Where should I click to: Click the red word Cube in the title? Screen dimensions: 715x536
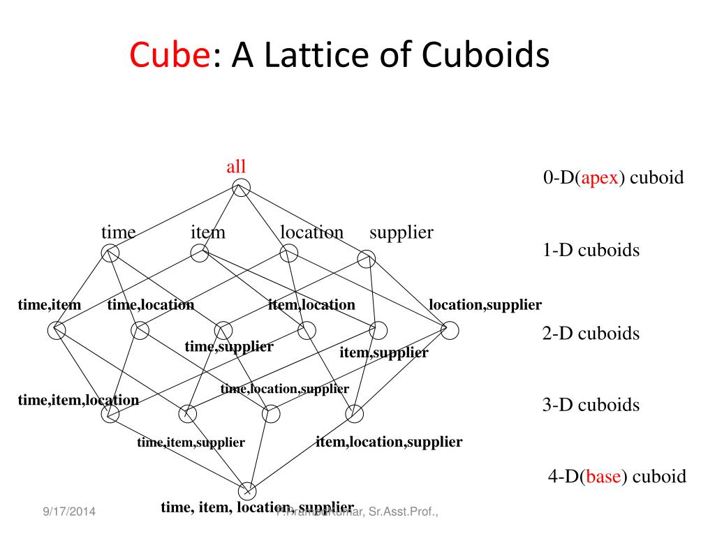170,54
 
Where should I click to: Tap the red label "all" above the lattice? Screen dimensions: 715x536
236,167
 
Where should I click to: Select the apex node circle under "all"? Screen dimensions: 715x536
241,188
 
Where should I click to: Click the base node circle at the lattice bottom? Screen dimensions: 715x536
248,490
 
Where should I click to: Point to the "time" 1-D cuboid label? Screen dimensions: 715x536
118,232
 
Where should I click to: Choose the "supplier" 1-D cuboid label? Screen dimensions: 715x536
401,232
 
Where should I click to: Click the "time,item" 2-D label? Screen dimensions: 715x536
50,304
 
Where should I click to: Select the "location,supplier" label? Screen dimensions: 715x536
485,304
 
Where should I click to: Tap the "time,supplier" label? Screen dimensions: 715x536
229,346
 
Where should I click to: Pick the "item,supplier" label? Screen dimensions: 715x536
383,352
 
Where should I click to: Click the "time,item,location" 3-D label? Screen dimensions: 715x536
78,400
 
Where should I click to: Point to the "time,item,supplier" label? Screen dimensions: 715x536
191,442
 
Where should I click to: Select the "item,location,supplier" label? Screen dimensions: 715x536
389,441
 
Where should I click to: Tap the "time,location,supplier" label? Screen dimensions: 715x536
284,389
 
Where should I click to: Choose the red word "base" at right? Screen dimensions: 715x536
604,477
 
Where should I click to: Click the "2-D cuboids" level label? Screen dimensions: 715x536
591,333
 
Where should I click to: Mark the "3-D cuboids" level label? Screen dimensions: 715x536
591,405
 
